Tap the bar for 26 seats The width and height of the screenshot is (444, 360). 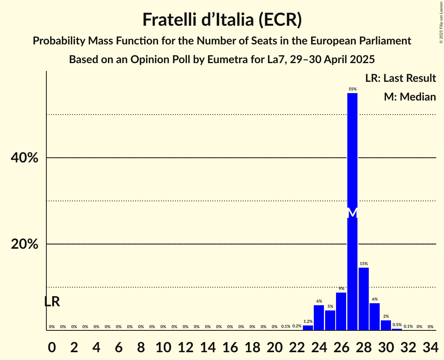click(x=341, y=311)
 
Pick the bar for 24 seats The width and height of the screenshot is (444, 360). click(x=319, y=318)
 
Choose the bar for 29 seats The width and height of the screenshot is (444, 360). click(x=375, y=316)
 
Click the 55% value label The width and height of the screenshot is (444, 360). click(x=352, y=89)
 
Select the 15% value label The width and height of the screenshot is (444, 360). click(x=364, y=264)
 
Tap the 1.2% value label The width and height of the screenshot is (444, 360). click(x=308, y=321)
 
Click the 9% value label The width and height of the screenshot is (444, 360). click(x=341, y=289)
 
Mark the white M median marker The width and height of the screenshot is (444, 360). click(x=352, y=213)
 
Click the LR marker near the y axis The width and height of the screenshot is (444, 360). click(x=52, y=302)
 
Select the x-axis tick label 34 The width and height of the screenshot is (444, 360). click(x=430, y=346)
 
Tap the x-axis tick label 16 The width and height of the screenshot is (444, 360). click(x=230, y=346)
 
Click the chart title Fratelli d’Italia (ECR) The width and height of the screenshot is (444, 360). click(x=222, y=19)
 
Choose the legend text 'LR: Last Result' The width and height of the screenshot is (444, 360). click(x=400, y=78)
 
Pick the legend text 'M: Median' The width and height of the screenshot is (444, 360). click(x=410, y=97)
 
